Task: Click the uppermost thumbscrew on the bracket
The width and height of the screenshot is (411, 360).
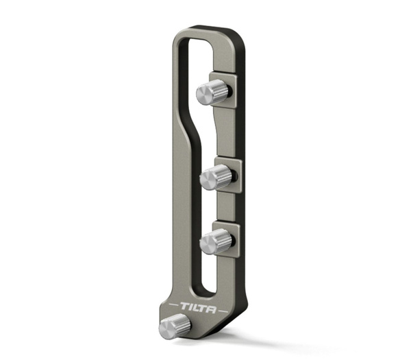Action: point(214,93)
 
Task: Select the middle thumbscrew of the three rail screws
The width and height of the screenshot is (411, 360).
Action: point(216,177)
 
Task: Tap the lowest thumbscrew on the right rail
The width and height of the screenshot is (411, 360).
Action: point(216,241)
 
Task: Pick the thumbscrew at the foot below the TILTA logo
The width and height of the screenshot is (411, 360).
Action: point(175,327)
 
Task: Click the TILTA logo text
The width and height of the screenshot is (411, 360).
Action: point(199,308)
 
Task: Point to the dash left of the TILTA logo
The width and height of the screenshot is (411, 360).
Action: point(173,304)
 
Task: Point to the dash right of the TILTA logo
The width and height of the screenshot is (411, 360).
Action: point(223,311)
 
